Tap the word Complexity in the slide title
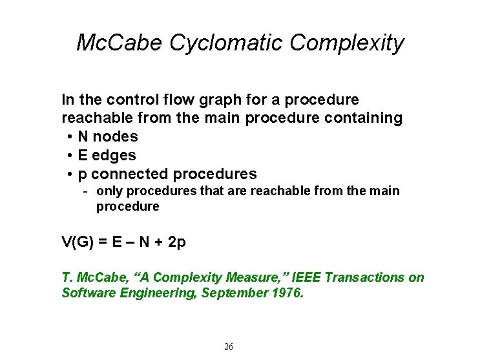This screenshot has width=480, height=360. point(347,43)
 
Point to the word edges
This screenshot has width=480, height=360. point(115,155)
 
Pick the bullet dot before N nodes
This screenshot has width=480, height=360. point(68,137)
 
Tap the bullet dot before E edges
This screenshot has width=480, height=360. point(68,156)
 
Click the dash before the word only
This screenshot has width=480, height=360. point(85,191)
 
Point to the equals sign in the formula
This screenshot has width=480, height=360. point(103,242)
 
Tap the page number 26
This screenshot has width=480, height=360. point(229,347)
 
